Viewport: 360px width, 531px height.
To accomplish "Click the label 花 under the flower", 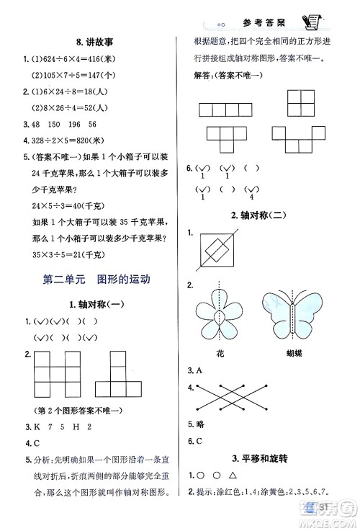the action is click(x=220, y=353).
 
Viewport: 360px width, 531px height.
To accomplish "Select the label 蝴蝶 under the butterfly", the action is click(x=294, y=353).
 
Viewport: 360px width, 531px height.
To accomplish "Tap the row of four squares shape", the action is click(x=223, y=109).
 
